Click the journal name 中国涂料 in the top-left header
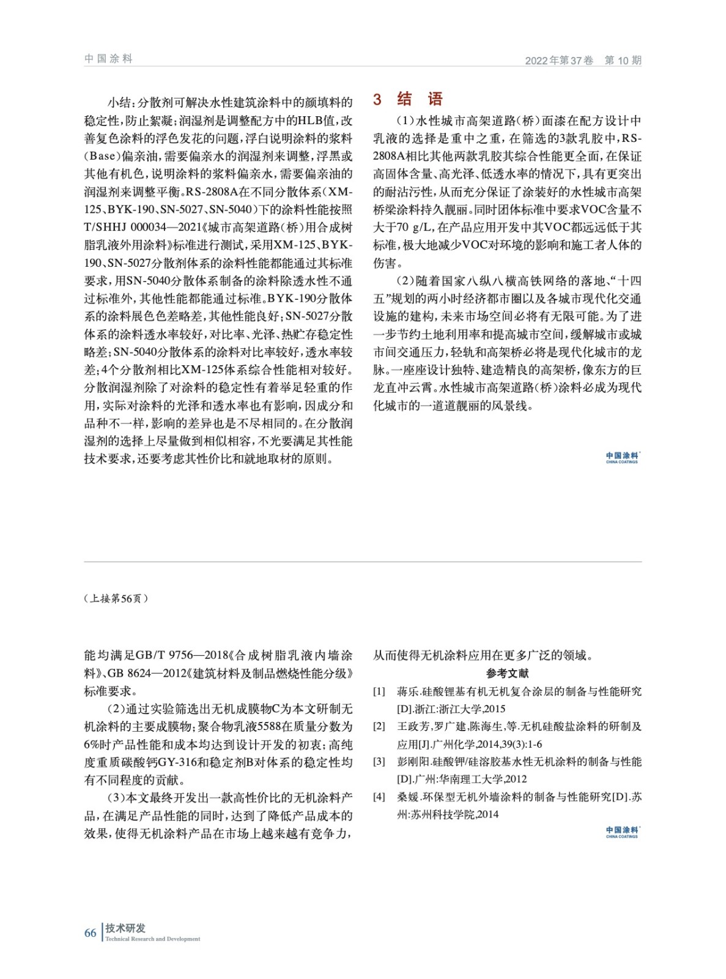tap(108, 59)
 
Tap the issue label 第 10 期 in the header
tap(623, 61)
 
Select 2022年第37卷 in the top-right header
tap(559, 61)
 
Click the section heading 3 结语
tap(408, 99)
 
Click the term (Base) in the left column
tap(100, 156)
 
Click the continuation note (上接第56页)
tap(116, 598)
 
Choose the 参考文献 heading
tap(507, 673)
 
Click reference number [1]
tap(379, 691)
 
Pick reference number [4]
tap(379, 797)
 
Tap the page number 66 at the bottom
tap(91, 933)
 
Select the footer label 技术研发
tap(126, 928)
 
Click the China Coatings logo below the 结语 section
tap(623, 457)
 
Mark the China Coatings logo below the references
tap(623, 832)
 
